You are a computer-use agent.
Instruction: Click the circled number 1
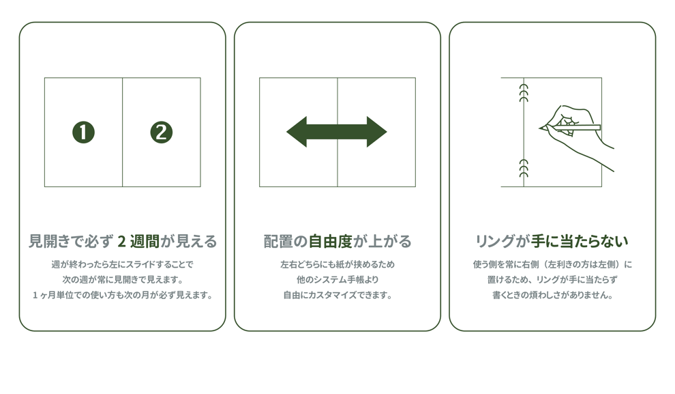click(x=83, y=132)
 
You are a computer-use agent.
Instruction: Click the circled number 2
click(x=162, y=132)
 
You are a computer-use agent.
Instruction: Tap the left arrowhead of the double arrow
click(x=298, y=132)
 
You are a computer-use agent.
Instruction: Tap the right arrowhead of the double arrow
click(x=376, y=132)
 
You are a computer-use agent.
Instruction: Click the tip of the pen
click(x=541, y=128)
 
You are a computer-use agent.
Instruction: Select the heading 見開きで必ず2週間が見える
click(x=123, y=241)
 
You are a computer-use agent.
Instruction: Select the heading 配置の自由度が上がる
click(x=337, y=241)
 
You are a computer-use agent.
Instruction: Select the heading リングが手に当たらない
click(x=552, y=241)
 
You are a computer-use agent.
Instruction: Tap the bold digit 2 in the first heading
click(x=122, y=241)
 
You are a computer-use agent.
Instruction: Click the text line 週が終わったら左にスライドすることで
click(x=123, y=264)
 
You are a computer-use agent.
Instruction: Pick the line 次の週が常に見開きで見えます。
click(x=123, y=280)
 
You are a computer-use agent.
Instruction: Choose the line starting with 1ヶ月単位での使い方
click(x=123, y=296)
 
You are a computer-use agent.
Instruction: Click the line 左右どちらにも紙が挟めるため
click(x=337, y=264)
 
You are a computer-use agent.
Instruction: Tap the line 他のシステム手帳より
click(x=337, y=280)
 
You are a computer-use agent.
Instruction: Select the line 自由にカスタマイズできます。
click(x=337, y=296)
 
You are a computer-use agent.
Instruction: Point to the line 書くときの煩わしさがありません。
click(x=552, y=296)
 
